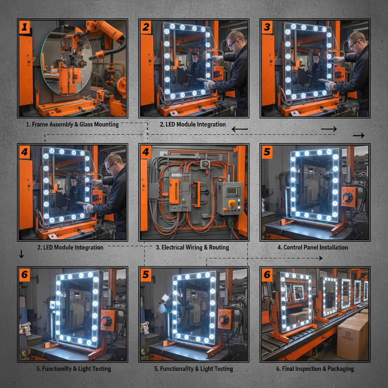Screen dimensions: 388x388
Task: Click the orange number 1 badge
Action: tap(25, 27)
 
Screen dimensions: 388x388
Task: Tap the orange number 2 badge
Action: tap(146, 27)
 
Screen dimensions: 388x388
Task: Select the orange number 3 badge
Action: tap(267, 27)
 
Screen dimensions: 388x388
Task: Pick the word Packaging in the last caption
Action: tap(341, 369)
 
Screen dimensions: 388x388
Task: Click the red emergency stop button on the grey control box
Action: tap(232, 203)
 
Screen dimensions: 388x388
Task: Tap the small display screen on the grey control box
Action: tap(232, 191)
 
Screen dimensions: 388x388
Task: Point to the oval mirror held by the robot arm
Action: tap(66, 59)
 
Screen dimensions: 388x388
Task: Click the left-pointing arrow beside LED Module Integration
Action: tap(240, 129)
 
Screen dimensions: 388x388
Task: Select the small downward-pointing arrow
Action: tap(22, 254)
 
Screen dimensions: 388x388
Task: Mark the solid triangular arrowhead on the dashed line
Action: tap(321, 258)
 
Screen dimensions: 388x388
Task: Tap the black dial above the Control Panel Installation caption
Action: tap(348, 197)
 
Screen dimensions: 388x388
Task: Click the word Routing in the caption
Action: tap(219, 247)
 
